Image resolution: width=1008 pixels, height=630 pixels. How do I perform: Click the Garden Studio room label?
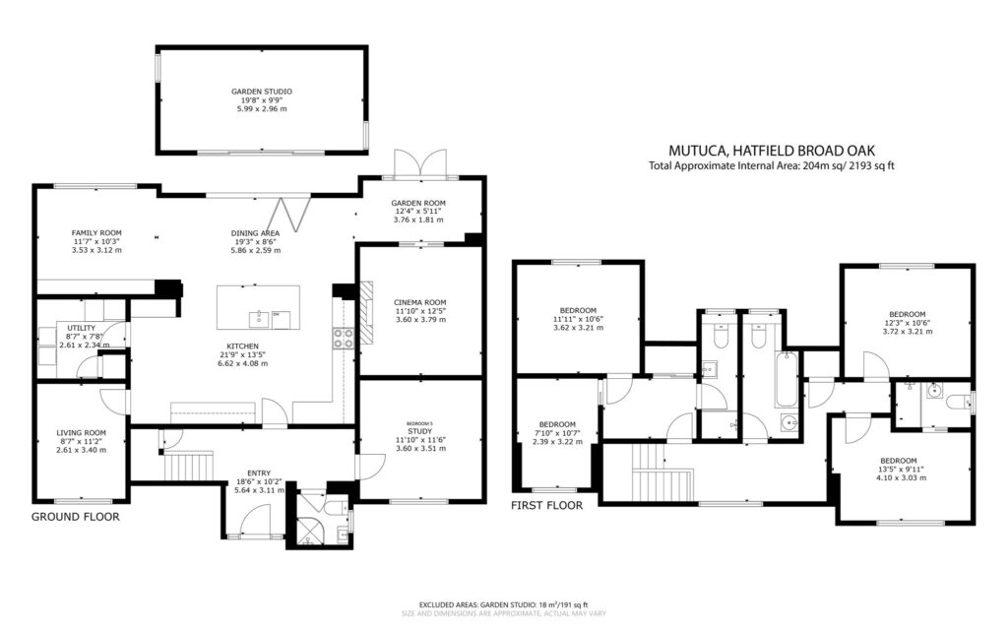tap(261, 91)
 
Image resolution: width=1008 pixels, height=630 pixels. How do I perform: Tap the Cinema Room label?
tap(420, 302)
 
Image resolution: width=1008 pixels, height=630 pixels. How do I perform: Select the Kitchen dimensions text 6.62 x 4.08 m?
tap(241, 363)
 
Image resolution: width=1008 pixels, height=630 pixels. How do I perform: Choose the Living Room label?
tap(81, 432)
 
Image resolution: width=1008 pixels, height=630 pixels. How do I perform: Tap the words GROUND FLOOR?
tap(76, 516)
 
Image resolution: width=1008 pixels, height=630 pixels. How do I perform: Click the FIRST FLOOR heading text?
tap(546, 505)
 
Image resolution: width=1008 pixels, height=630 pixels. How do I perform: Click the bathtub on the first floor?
tap(787, 379)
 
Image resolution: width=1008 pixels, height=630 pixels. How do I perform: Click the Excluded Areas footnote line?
tap(503, 604)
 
